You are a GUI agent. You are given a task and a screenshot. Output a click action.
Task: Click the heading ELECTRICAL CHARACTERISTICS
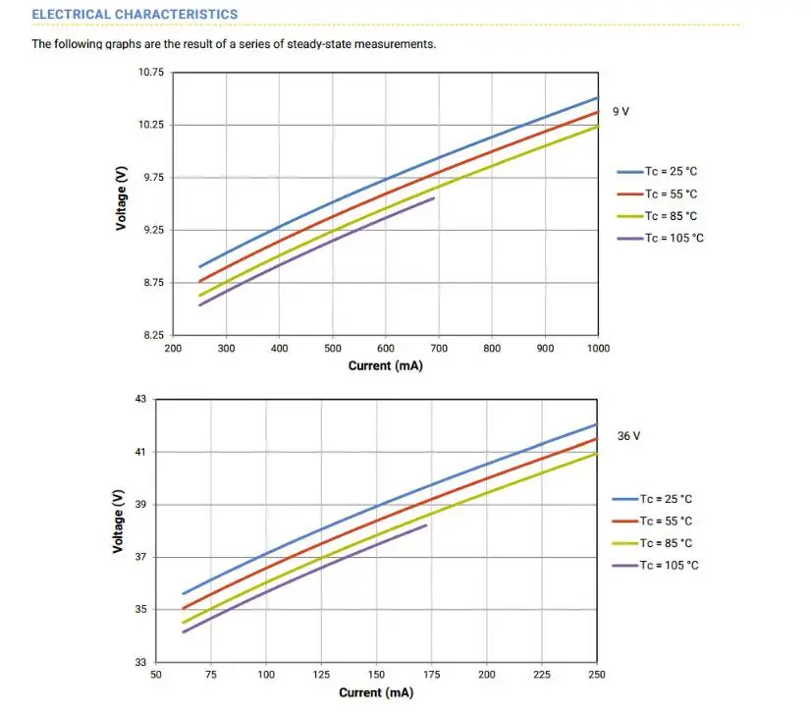[x=135, y=15]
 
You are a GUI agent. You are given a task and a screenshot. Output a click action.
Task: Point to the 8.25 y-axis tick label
[x=153, y=336]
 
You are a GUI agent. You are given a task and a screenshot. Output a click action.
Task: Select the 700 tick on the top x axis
[x=439, y=348]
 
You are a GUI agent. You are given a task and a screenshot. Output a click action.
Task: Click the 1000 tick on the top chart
[x=598, y=348]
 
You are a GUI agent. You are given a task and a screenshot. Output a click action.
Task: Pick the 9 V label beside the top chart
[x=621, y=112]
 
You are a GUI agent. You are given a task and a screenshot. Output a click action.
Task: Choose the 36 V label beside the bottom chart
[x=628, y=436]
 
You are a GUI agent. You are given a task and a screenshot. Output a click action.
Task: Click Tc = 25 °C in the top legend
[x=671, y=171]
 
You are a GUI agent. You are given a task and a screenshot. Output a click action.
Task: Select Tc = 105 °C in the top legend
[x=675, y=239]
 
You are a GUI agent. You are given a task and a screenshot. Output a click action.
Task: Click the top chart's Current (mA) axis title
[x=385, y=366]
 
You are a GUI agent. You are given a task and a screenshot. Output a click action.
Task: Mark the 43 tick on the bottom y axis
[x=139, y=399]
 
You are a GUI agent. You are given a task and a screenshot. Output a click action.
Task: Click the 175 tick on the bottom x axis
[x=431, y=675]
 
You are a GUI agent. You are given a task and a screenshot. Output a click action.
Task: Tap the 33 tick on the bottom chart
[x=139, y=663]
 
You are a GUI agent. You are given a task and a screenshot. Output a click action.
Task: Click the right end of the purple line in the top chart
[x=433, y=198]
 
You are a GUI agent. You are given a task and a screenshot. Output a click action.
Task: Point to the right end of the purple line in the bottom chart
[x=426, y=525]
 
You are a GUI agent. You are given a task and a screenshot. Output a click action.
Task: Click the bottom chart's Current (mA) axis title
[x=376, y=693]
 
